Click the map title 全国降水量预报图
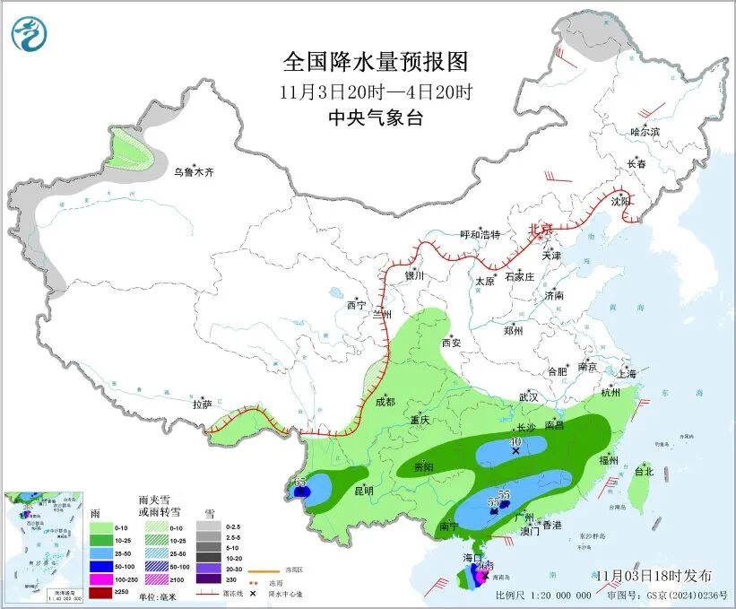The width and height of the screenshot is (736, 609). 376,62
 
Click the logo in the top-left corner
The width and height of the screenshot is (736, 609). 29,34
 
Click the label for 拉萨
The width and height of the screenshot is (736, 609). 202,405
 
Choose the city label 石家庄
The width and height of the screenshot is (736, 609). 519,277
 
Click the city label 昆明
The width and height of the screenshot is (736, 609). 363,491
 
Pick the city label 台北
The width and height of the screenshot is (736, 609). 644,471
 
